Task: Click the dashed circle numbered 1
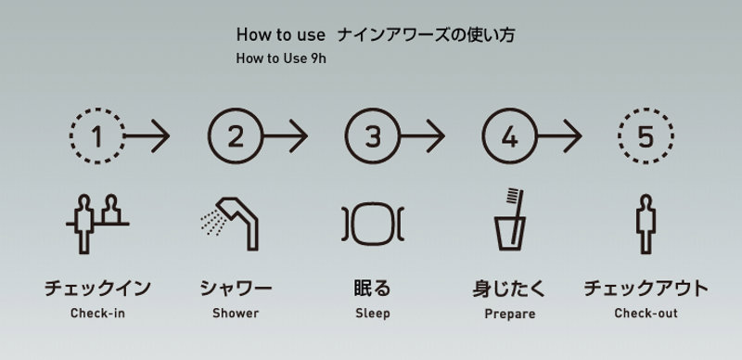tap(70, 136)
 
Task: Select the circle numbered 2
tap(208, 136)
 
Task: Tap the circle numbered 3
tap(345, 136)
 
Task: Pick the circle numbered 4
tap(482, 136)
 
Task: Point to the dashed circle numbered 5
tap(619, 136)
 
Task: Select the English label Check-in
tap(97, 313)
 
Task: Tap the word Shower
tap(236, 313)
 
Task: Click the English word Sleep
tap(373, 314)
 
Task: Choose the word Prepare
tap(509, 314)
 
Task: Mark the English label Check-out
tap(646, 313)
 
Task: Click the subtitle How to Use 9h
tap(281, 58)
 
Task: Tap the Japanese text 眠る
tap(373, 288)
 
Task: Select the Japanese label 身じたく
tap(509, 289)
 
